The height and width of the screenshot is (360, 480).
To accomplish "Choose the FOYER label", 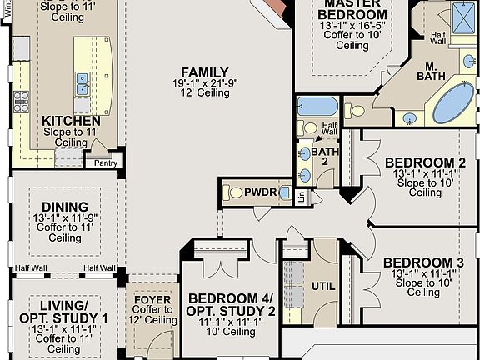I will [152, 300].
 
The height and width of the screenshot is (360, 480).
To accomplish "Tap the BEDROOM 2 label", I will [425, 162].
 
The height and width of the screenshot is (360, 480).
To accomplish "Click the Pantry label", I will [104, 163].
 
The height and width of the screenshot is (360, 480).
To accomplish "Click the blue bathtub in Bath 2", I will [317, 107].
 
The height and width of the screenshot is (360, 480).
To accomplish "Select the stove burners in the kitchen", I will [22, 102].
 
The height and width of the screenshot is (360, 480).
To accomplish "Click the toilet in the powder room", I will [229, 192].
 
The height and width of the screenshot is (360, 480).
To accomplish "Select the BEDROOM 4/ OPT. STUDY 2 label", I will [232, 305].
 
